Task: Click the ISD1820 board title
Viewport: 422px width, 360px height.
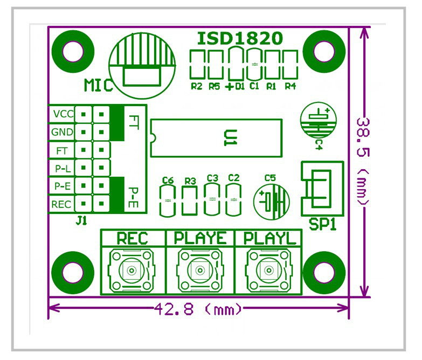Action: pyautogui.click(x=239, y=39)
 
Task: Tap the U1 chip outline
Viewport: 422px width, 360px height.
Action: pyautogui.click(x=217, y=137)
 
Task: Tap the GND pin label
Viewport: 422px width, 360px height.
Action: pyautogui.click(x=61, y=132)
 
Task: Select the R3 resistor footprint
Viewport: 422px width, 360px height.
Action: pyautogui.click(x=189, y=199)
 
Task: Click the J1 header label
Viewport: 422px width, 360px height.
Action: pyautogui.click(x=81, y=220)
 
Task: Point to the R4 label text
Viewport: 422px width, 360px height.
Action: pyautogui.click(x=290, y=86)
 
